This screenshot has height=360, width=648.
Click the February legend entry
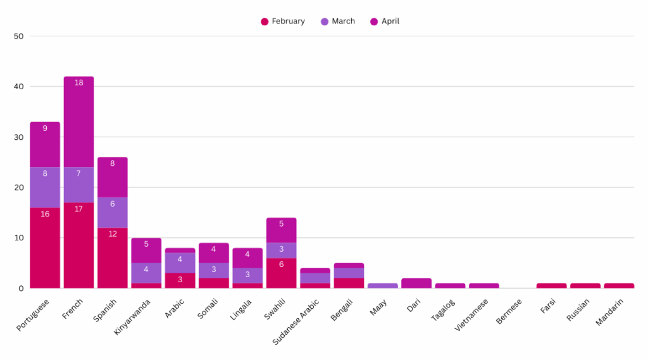coord(283,22)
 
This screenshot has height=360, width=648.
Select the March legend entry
coord(338,22)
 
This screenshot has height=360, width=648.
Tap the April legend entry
coord(385,22)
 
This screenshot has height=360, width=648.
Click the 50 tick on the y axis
coord(18,36)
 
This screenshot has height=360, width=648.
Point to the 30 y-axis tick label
coord(18,137)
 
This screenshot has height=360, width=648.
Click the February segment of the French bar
coord(78,245)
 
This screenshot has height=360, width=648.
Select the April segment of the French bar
coord(78,121)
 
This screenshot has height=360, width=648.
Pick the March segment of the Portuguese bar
coord(45,187)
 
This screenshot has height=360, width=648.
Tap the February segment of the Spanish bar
coord(113,258)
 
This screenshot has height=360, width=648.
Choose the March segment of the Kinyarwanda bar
coord(146,273)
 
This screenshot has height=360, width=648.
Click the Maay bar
coord(383,286)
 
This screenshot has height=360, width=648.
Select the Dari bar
coord(416,283)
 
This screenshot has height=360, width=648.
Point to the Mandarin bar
coord(619,286)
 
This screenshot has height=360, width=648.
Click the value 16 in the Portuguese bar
coord(45,214)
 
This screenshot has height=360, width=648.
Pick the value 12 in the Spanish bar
coord(113,234)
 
